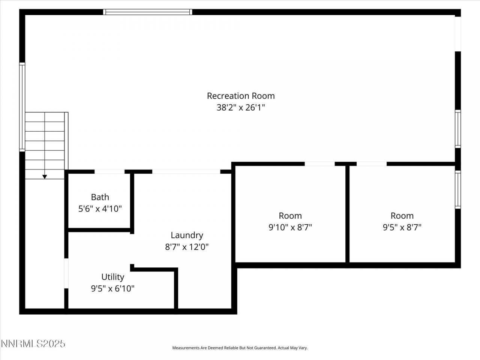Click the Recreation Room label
click(241, 96)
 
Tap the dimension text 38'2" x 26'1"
click(241, 108)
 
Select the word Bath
click(100, 197)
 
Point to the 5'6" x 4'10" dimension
click(100, 208)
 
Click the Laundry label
click(187, 235)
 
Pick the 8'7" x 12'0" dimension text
click(187, 247)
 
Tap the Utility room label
click(112, 277)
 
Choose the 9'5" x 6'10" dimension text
click(112, 288)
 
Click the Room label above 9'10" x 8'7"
click(290, 216)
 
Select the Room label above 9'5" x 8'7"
click(402, 216)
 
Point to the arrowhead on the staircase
click(45, 177)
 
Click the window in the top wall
click(148, 12)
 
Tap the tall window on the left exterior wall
click(22, 107)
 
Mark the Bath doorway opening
click(109, 172)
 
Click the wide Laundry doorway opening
click(186, 172)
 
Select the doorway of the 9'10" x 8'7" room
click(319, 164)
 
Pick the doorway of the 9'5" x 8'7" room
click(371, 164)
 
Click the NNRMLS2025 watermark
click(33, 343)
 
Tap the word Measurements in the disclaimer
click(185, 348)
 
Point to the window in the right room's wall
click(457, 189)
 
